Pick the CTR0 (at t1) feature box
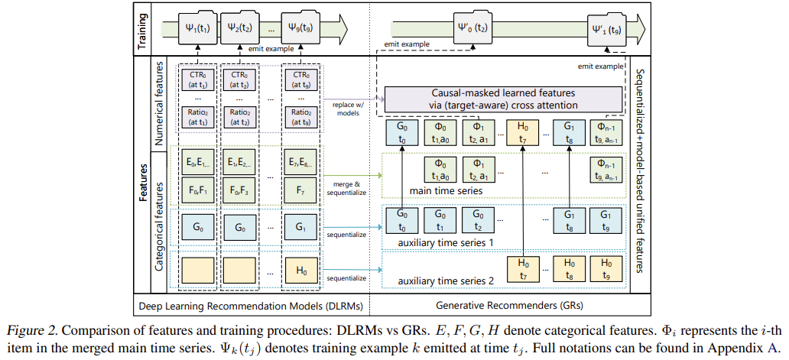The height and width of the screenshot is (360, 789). (x=196, y=81)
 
